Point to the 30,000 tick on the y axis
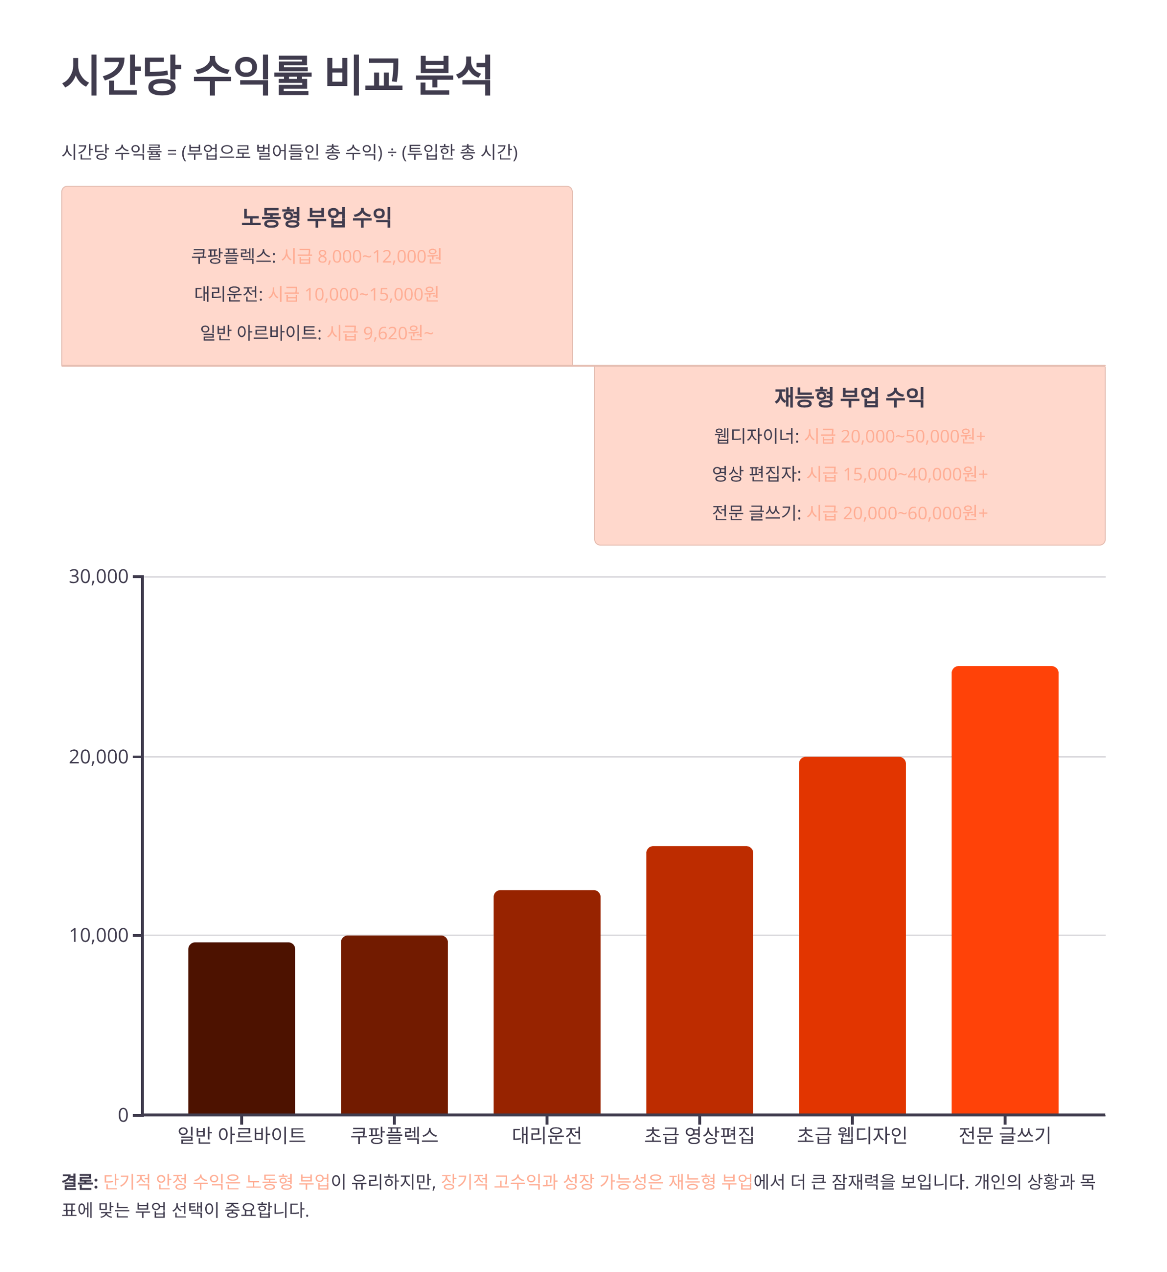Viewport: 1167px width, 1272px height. click(98, 577)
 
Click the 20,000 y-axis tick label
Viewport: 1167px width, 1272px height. click(98, 757)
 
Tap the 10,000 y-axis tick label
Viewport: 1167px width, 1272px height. click(98, 936)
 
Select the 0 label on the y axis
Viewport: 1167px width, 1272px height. click(123, 1115)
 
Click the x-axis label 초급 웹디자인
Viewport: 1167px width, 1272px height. click(852, 1135)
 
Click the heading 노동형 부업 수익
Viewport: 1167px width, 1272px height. click(316, 217)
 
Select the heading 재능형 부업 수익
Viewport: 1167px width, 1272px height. click(850, 397)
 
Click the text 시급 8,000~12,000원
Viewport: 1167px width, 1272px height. click(361, 256)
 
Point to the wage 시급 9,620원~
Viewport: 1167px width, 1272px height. click(380, 333)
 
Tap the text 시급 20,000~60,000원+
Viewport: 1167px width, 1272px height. click(897, 513)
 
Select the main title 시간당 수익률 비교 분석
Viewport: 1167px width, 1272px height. click(277, 75)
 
